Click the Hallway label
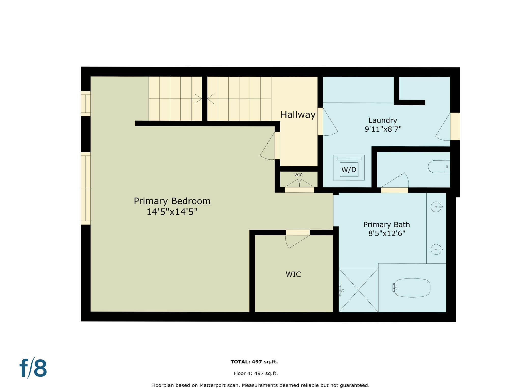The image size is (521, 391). click(298, 115)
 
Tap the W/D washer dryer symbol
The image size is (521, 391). click(349, 169)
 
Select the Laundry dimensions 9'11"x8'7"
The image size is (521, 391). click(383, 129)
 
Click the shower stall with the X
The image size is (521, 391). click(358, 290)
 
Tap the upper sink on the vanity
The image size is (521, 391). click(436, 207)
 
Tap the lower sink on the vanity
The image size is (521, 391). click(436, 249)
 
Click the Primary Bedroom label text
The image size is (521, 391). click(172, 201)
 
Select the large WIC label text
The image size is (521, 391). click(293, 274)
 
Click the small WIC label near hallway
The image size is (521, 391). click(298, 175)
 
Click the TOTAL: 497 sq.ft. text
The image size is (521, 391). click(254, 362)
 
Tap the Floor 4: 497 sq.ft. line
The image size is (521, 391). click(255, 373)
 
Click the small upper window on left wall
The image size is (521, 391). click(85, 103)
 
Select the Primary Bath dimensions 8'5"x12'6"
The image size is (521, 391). click(386, 233)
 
